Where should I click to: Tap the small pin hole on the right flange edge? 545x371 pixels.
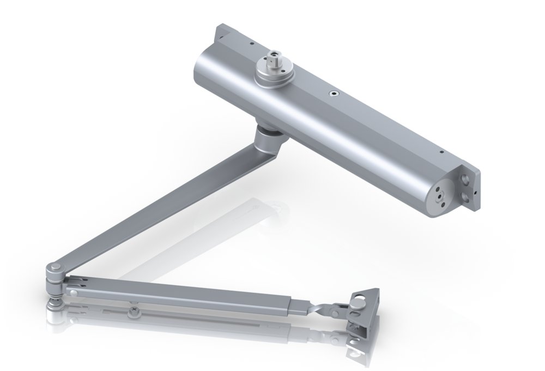[476, 192]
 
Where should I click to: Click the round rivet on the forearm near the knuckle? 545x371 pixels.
[74, 292]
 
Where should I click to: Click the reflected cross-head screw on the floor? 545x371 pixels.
[132, 312]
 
